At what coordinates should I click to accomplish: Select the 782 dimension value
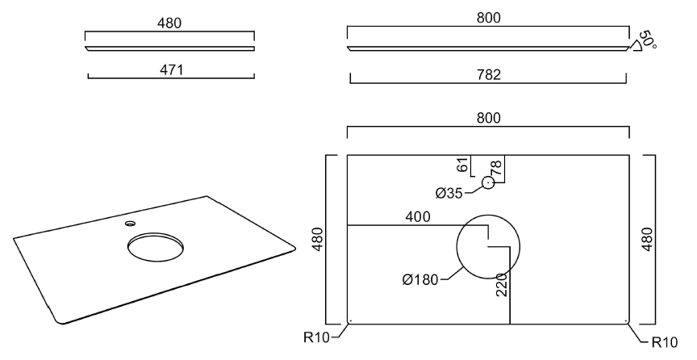[489, 75]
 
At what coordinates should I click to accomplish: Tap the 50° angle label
[648, 40]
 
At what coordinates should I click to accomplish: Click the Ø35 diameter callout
[450, 193]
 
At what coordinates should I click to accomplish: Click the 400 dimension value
[417, 217]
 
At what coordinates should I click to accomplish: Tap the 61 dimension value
[462, 165]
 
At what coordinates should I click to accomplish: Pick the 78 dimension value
[496, 168]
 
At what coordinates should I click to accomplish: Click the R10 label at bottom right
[664, 341]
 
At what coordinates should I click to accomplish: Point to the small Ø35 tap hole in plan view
[488, 182]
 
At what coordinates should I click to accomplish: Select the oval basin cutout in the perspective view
[155, 245]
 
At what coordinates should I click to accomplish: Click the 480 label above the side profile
[169, 23]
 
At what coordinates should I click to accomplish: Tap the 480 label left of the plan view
[317, 239]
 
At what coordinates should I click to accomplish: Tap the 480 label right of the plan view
[648, 239]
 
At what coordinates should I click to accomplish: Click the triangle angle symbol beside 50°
[636, 48]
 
